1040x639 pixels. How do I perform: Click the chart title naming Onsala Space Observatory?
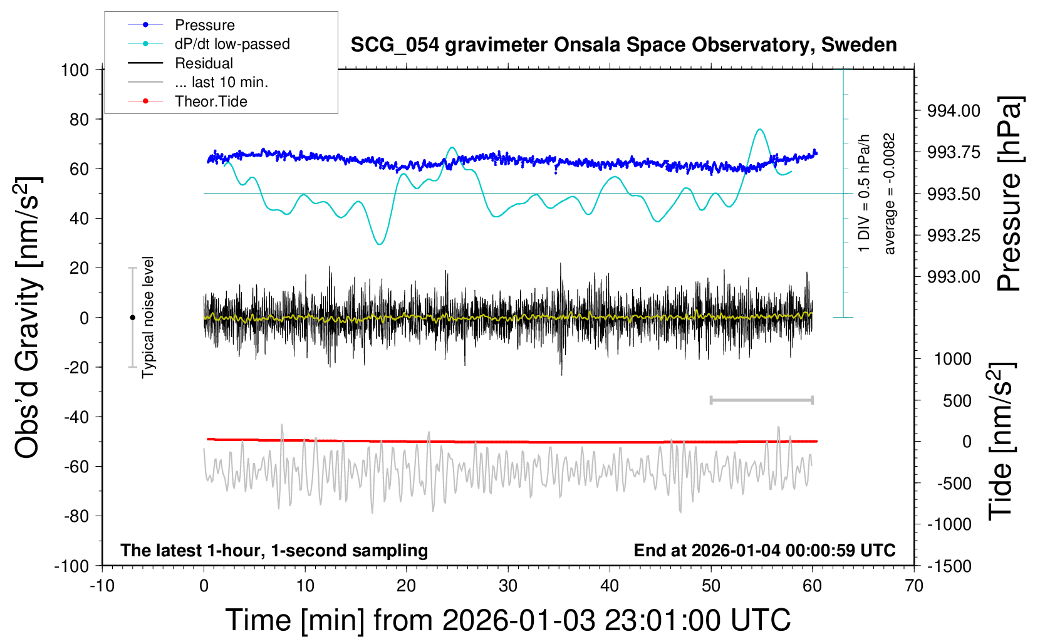tap(623, 45)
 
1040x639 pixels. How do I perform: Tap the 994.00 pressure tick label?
tap(954, 111)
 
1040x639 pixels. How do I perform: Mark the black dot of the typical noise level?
tap(132, 318)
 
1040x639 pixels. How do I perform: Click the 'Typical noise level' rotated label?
tap(148, 317)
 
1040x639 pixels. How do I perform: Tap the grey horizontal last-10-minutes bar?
tap(761, 400)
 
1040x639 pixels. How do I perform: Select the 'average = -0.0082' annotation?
tap(890, 194)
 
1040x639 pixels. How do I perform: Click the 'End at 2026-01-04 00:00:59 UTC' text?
tap(764, 550)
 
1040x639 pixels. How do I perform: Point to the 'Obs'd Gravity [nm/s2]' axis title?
tap(28, 317)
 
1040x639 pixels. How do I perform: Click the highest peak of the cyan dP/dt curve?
tap(760, 129)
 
